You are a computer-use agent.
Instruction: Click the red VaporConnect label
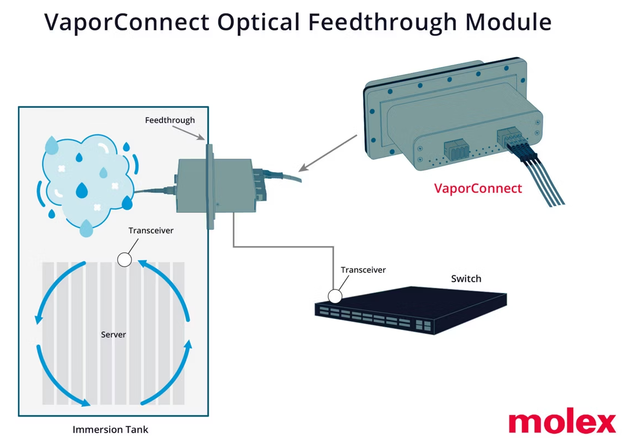coord(478,189)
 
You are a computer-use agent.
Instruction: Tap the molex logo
coord(562,422)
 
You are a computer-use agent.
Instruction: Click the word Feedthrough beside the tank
coord(170,120)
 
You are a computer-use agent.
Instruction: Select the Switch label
coord(466,279)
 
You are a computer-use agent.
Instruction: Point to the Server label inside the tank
coord(113,334)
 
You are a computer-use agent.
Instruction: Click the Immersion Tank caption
coord(110,429)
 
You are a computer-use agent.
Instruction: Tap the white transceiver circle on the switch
coord(335,297)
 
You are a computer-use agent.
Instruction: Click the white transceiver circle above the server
coord(124,259)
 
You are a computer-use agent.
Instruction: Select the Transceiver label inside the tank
coord(151,230)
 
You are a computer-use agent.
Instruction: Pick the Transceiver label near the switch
coord(363,270)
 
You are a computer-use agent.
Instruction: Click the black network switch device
coord(411,310)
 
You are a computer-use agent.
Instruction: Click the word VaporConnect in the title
coord(127,22)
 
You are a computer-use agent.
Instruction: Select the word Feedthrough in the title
coord(381,22)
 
